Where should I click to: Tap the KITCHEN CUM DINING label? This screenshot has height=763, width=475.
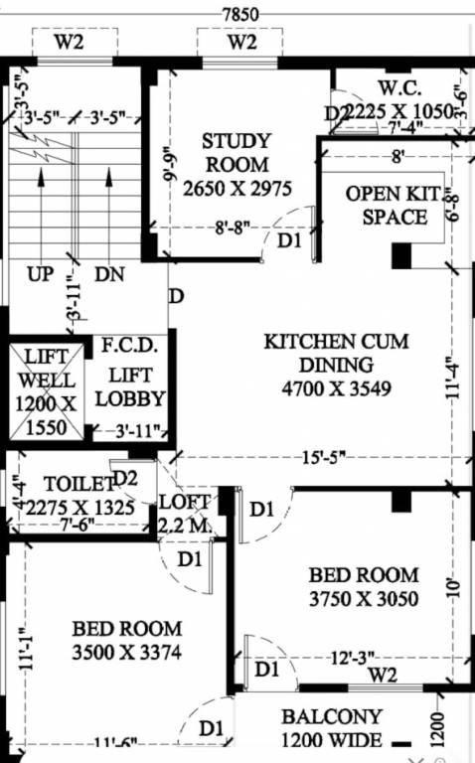point(336,353)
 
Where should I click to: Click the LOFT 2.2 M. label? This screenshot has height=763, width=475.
point(185,514)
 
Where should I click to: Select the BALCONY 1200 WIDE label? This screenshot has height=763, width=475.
point(331,728)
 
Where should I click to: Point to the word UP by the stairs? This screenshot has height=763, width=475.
point(41,274)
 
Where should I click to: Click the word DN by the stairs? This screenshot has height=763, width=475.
point(109,274)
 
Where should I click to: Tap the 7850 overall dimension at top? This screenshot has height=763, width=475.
point(239,13)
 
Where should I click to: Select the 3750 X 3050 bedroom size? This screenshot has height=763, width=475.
point(363,598)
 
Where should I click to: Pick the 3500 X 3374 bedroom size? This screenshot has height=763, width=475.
point(126,653)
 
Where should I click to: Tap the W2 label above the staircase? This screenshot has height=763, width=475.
point(68,43)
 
